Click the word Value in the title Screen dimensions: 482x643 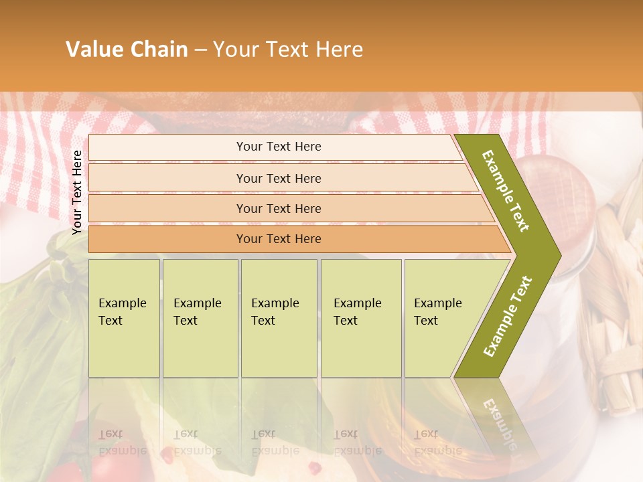(x=92, y=50)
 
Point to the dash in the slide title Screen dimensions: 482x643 (x=200, y=50)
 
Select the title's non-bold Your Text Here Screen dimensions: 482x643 (x=288, y=50)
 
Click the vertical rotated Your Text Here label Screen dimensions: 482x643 (x=77, y=192)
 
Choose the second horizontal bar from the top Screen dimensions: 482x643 (x=279, y=178)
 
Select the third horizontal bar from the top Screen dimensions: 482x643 (x=279, y=208)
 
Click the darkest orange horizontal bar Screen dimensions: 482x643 (x=279, y=239)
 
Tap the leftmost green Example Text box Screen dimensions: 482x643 (x=124, y=318)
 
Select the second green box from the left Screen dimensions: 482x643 (x=200, y=318)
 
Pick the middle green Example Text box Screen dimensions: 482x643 (x=279, y=318)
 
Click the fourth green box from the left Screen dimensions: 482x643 (x=360, y=318)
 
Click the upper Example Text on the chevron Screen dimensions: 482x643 (x=506, y=191)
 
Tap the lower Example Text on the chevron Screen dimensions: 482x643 (x=507, y=316)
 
